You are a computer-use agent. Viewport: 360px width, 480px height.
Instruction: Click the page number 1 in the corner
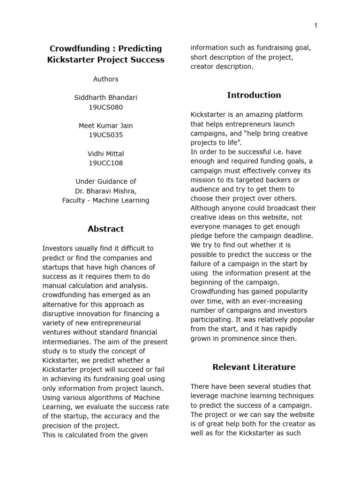click(315, 25)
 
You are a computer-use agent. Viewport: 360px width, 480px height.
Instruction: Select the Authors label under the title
click(105, 79)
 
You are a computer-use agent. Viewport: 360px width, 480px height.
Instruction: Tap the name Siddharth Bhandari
click(105, 97)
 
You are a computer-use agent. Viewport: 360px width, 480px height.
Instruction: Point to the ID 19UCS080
click(105, 107)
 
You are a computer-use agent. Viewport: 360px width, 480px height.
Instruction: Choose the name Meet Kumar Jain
click(105, 125)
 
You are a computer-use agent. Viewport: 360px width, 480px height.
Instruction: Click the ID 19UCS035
click(105, 135)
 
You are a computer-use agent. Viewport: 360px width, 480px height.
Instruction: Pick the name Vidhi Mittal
click(105, 153)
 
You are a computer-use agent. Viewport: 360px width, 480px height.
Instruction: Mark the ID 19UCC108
click(105, 163)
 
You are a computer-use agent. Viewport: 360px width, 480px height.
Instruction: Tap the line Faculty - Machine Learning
click(105, 200)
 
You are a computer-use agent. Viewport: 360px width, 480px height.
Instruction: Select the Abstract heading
click(105, 229)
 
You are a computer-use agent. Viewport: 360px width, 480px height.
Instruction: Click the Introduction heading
click(254, 95)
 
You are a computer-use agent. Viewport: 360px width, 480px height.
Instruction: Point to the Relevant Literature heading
click(254, 367)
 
